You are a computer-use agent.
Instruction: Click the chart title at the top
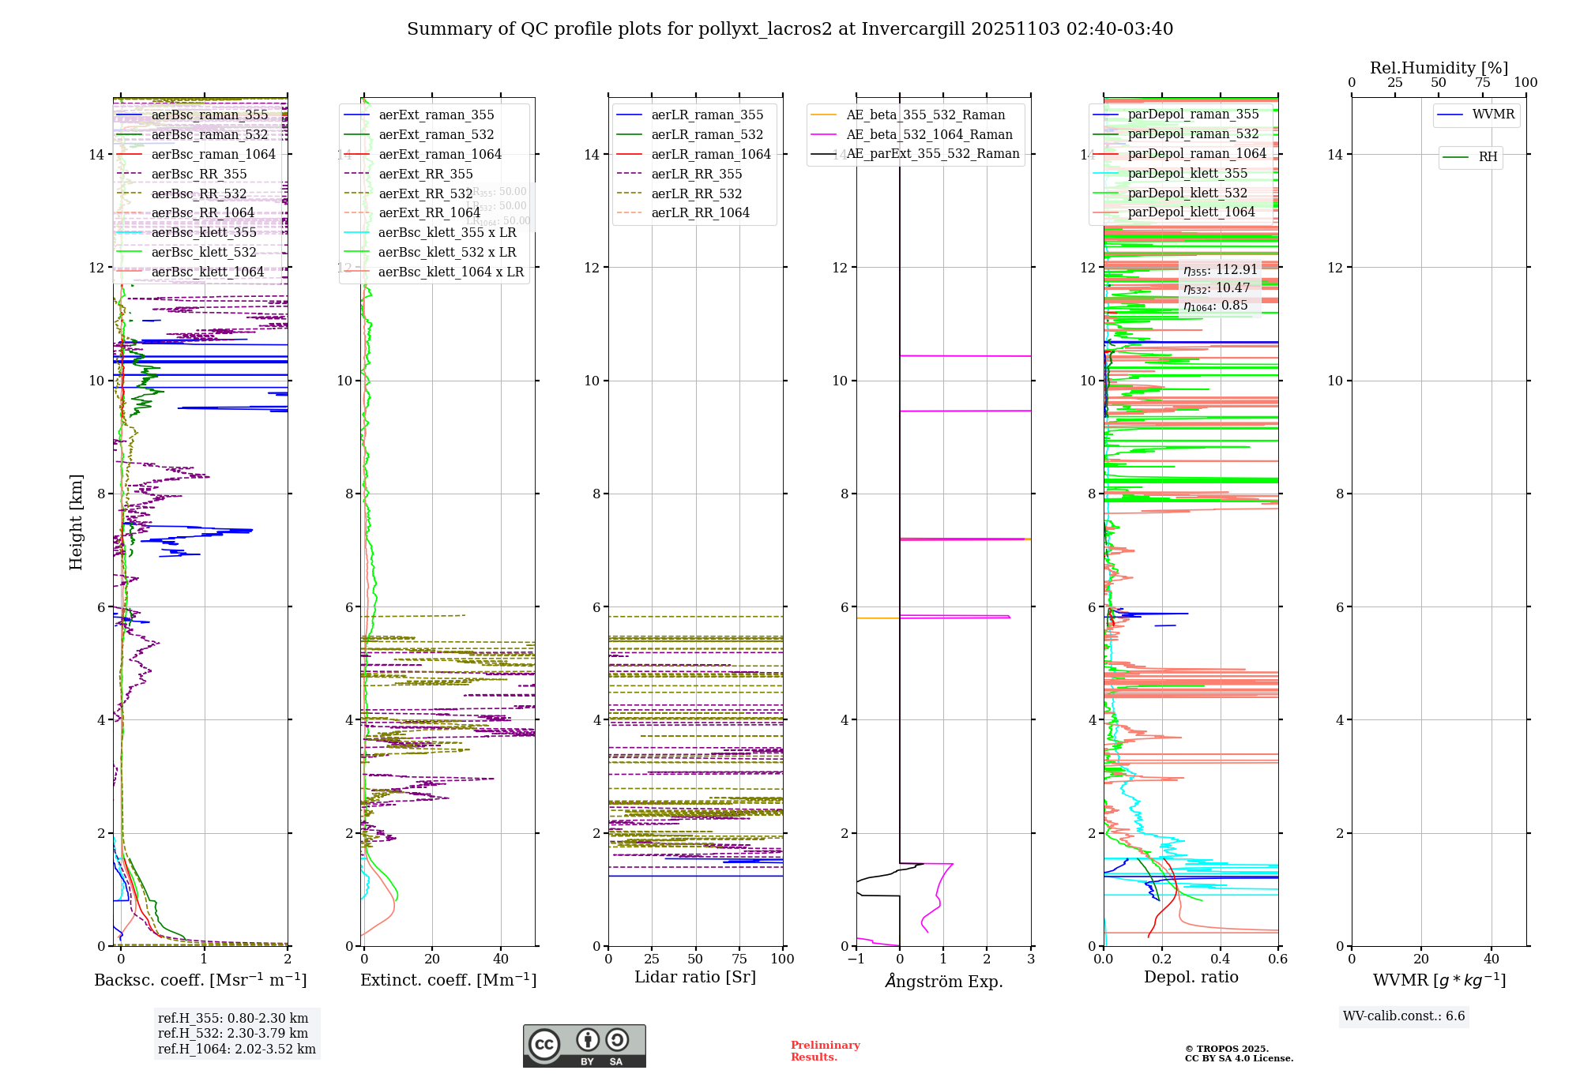[789, 29]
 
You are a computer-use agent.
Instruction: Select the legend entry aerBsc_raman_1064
[213, 154]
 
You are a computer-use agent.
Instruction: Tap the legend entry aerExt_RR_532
[426, 193]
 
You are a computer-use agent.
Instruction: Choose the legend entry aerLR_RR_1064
[700, 212]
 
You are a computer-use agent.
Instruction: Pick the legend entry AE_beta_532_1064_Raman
[929, 134]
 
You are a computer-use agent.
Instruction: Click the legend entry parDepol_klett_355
[1187, 173]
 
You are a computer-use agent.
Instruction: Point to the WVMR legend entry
[1493, 115]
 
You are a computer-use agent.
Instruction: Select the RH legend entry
[1488, 157]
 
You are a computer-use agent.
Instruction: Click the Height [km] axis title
[76, 521]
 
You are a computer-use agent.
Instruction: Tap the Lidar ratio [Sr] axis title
[695, 977]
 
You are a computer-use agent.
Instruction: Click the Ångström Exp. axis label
[944, 981]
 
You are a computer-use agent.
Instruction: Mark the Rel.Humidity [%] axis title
[1439, 68]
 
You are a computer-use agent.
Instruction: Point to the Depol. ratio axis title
[1191, 977]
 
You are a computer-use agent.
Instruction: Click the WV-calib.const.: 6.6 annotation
[1404, 1016]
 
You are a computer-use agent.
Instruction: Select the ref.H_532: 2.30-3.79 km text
[233, 1033]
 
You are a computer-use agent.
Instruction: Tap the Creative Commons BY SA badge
[584, 1046]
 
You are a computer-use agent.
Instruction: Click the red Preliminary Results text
[825, 1050]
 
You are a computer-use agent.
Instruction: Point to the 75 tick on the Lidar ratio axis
[739, 959]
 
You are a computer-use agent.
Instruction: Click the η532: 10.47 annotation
[1217, 287]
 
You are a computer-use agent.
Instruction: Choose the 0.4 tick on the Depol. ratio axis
[1220, 959]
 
